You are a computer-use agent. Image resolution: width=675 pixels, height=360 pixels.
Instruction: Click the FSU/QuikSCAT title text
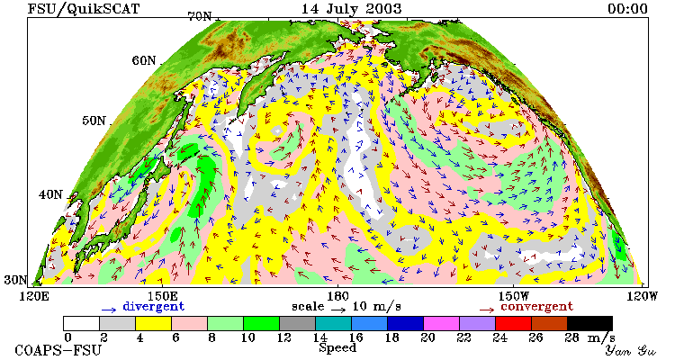click(84, 9)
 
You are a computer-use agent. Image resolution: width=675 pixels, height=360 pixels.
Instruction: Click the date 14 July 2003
click(351, 9)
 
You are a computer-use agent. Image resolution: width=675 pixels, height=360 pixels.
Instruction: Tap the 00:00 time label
click(627, 9)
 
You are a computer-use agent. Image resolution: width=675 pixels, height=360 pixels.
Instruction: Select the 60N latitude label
click(144, 60)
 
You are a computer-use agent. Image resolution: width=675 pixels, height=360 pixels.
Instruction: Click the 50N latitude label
click(94, 120)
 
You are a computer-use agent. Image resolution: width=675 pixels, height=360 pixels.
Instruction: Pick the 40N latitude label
click(50, 194)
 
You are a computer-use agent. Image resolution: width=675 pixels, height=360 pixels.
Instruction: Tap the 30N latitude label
click(15, 280)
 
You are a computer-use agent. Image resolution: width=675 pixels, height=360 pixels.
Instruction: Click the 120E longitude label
click(36, 296)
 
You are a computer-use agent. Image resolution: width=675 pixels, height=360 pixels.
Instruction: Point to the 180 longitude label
click(337, 296)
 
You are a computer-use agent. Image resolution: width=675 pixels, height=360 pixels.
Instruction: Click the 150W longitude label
click(513, 296)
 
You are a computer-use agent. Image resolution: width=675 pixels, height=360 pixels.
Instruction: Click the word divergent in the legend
click(154, 307)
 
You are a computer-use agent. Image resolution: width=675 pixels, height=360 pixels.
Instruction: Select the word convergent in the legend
click(536, 307)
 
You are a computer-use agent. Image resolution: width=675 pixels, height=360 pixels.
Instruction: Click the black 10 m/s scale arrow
click(338, 309)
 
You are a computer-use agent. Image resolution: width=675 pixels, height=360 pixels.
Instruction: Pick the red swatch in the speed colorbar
click(513, 323)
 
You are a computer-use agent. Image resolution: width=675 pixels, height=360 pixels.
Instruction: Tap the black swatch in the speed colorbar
click(589, 323)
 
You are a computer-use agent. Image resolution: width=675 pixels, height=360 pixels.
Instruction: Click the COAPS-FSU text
click(58, 350)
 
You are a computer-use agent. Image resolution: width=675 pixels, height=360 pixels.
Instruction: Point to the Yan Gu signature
click(630, 350)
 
